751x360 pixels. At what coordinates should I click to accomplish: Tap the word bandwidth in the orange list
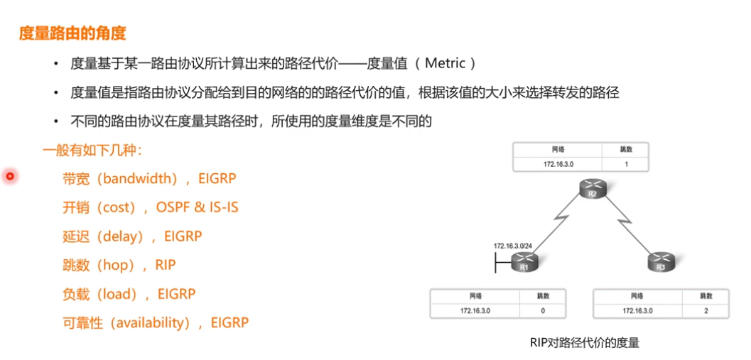point(139,178)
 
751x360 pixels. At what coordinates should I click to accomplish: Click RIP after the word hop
point(165,265)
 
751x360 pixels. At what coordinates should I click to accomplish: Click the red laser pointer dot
point(10,175)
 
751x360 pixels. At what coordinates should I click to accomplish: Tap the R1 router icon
point(524,263)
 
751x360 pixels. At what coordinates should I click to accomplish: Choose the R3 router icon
point(659,263)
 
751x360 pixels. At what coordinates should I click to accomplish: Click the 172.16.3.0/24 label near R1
point(513,245)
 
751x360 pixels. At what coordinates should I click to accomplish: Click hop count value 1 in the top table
point(626,164)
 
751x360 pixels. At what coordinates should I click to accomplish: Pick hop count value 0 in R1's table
point(543,310)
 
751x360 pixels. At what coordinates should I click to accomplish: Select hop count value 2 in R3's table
point(706,310)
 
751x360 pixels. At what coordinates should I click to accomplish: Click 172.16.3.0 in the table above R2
point(558,164)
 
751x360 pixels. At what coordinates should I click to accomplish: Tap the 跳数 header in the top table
point(626,150)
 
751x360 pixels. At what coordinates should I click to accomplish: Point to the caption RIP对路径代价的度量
point(584,343)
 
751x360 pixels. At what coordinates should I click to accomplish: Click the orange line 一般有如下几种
point(92,150)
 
